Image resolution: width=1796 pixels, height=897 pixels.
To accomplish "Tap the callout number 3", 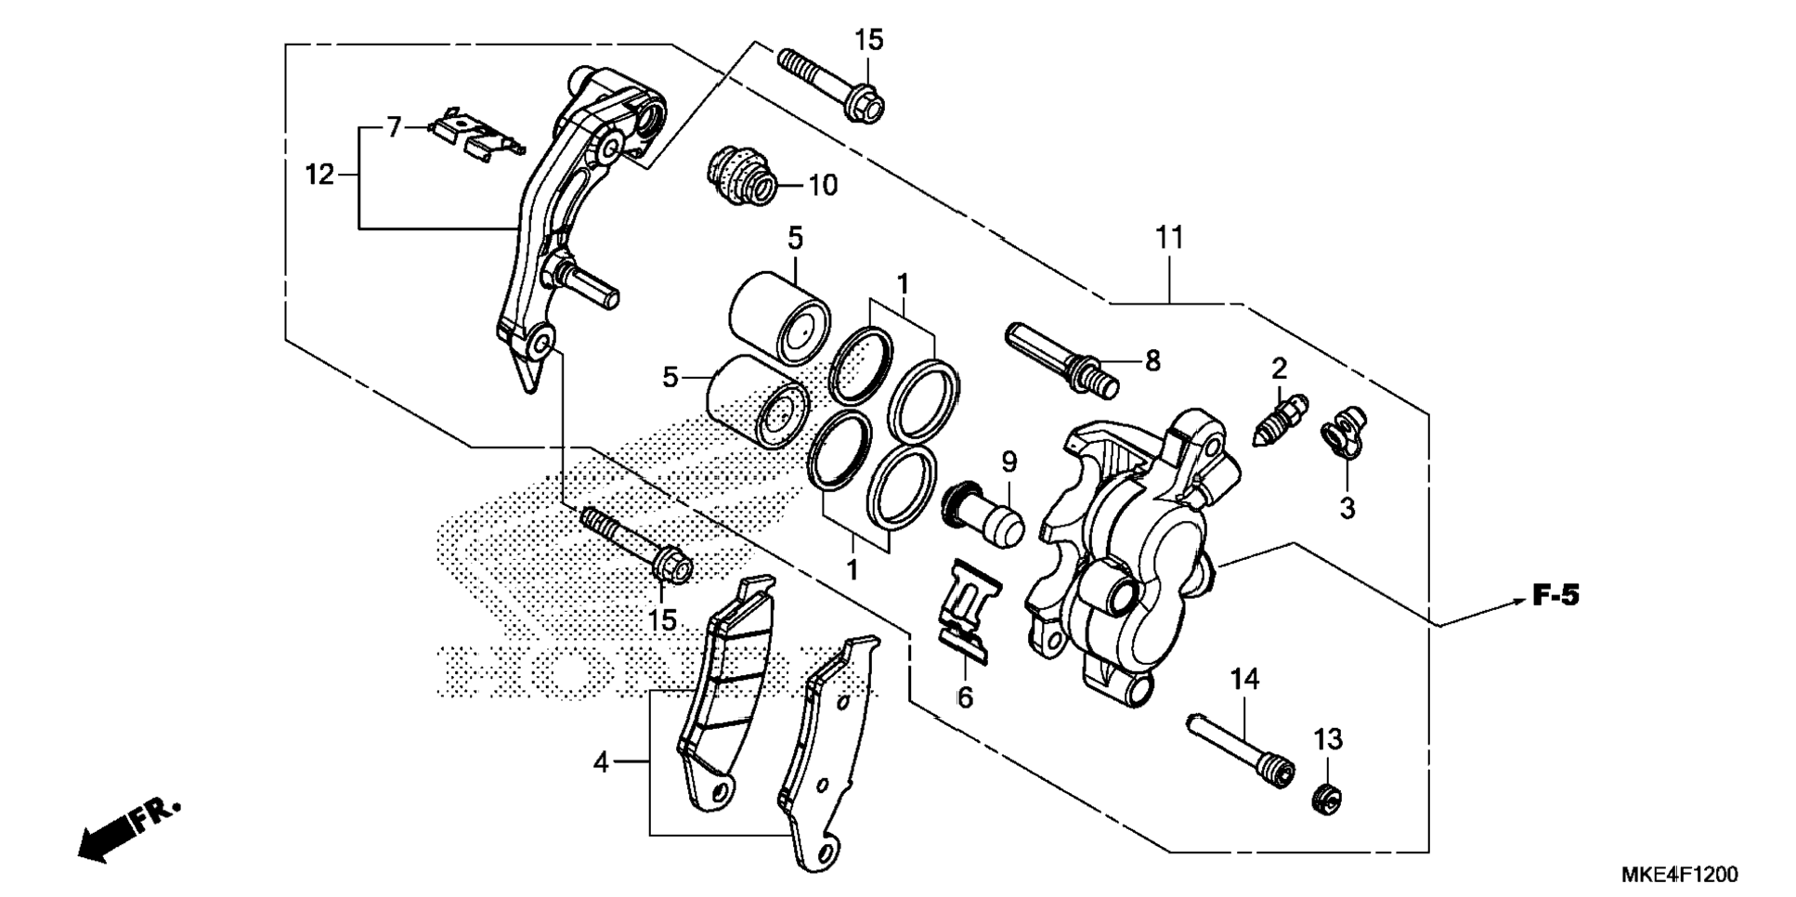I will pos(1347,508).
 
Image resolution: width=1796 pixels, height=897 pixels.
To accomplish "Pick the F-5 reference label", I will pos(1555,595).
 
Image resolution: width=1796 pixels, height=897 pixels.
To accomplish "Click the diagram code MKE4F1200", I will pos(1679,875).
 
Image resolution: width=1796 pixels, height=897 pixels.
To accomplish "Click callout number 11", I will pos(1170,239).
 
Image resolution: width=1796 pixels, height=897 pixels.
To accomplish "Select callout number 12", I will pos(319,174).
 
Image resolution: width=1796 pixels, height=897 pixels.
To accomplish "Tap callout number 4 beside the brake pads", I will pos(601,763).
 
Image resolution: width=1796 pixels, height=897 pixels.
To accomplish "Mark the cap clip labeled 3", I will pos(1343,435).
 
